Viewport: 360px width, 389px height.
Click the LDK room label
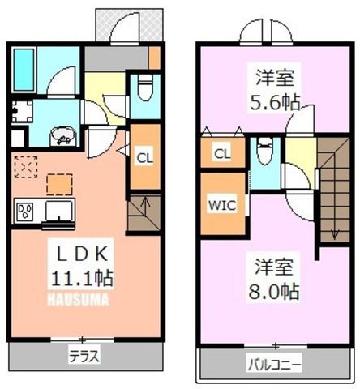tap(81, 254)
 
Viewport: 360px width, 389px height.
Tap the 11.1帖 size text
tap(82, 278)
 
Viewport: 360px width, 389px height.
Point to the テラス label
tap(84, 357)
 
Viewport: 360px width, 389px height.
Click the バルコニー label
tap(274, 365)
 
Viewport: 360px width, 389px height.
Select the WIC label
tap(222, 205)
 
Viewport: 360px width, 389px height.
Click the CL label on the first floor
tap(144, 158)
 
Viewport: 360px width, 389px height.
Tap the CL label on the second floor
tap(222, 154)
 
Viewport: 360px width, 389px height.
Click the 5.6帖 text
tap(275, 103)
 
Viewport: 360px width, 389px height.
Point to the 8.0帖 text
tap(274, 291)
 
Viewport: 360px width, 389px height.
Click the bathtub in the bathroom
tap(24, 70)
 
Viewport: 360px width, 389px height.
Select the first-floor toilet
tap(145, 87)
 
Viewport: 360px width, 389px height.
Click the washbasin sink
tap(63, 136)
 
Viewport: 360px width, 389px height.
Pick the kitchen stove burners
tap(25, 211)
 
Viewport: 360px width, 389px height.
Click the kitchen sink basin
tap(59, 210)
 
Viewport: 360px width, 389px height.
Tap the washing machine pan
tap(22, 111)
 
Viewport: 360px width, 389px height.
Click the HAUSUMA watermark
tap(79, 300)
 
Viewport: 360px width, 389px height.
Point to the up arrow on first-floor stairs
tap(145, 205)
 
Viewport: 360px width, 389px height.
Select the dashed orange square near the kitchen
tap(59, 185)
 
